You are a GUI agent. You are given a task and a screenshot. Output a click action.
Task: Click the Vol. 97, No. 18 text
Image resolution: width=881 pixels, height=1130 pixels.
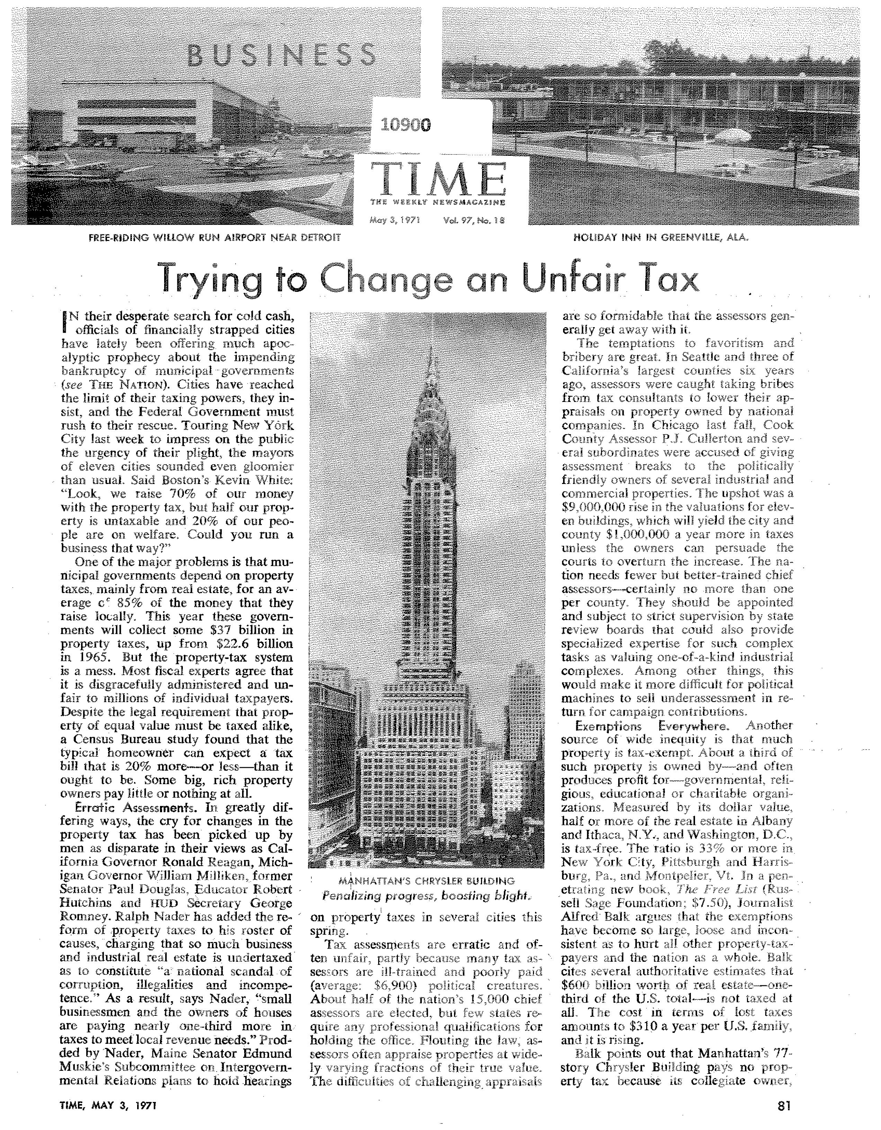coord(474,219)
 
